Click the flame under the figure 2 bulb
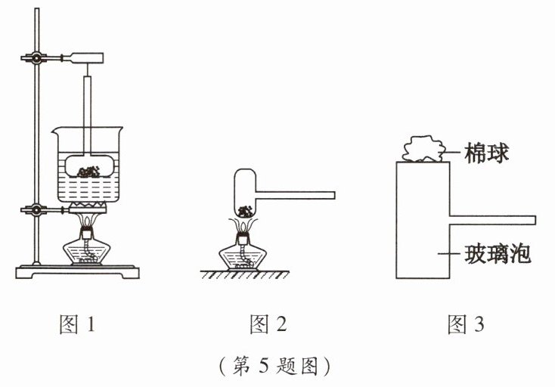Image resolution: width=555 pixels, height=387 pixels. point(243,224)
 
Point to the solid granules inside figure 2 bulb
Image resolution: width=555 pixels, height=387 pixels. point(243,211)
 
